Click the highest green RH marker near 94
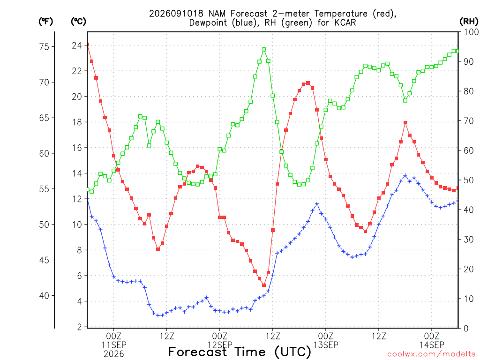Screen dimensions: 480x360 pos(264,49)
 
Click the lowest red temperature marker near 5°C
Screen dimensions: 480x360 pos(264,285)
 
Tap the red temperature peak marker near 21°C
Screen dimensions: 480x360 pos(308,83)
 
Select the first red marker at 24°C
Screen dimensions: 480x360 pos(88,45)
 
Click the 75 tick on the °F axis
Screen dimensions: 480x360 pos(44,46)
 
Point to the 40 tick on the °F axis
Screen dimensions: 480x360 pos(44,295)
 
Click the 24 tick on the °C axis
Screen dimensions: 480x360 pos(77,45)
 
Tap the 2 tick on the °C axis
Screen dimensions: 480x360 pos(80,327)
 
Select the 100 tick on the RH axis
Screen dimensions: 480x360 pos(471,32)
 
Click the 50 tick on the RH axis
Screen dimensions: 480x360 pos(468,180)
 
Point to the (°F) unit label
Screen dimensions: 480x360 pos(45,22)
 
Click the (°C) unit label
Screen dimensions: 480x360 pos(78,22)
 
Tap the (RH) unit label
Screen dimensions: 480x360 pos(469,22)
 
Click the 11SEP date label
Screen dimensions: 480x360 pos(114,345)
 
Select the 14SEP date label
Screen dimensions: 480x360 pos(432,345)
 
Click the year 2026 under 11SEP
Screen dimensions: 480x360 pos(114,354)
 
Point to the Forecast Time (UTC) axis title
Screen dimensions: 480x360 pos(240,352)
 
